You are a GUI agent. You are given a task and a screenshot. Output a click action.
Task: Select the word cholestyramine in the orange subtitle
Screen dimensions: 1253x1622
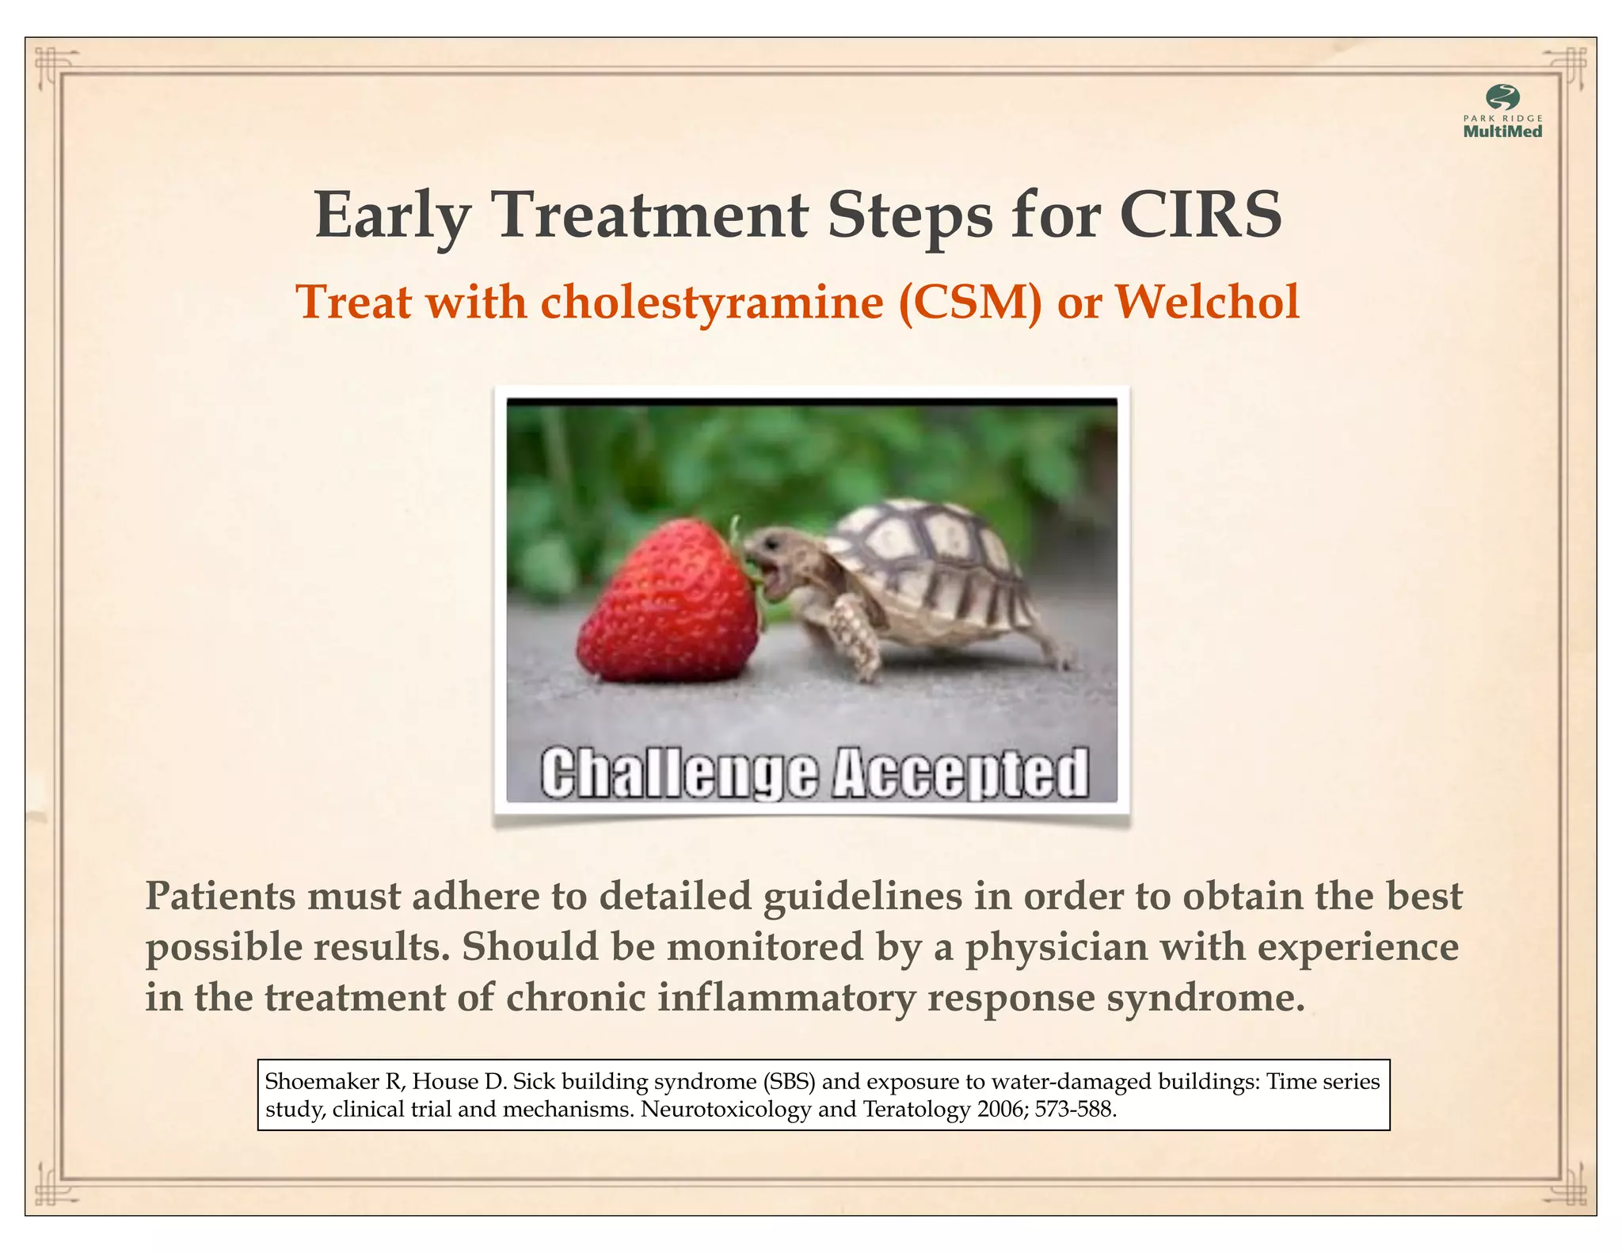(x=711, y=303)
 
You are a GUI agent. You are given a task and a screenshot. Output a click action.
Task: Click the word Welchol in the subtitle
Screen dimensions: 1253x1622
(x=1207, y=302)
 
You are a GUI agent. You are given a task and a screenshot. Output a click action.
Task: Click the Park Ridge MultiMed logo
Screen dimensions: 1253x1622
(x=1502, y=112)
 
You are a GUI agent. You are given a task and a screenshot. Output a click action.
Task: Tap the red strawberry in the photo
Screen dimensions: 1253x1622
(x=669, y=602)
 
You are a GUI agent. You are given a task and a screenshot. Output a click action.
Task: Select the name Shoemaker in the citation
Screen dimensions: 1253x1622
(x=322, y=1082)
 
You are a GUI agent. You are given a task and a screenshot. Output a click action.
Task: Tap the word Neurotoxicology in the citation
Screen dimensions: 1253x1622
(x=725, y=1109)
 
